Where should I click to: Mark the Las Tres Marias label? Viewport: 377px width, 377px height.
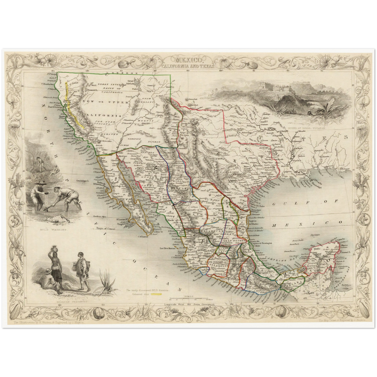coord(166,248)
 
